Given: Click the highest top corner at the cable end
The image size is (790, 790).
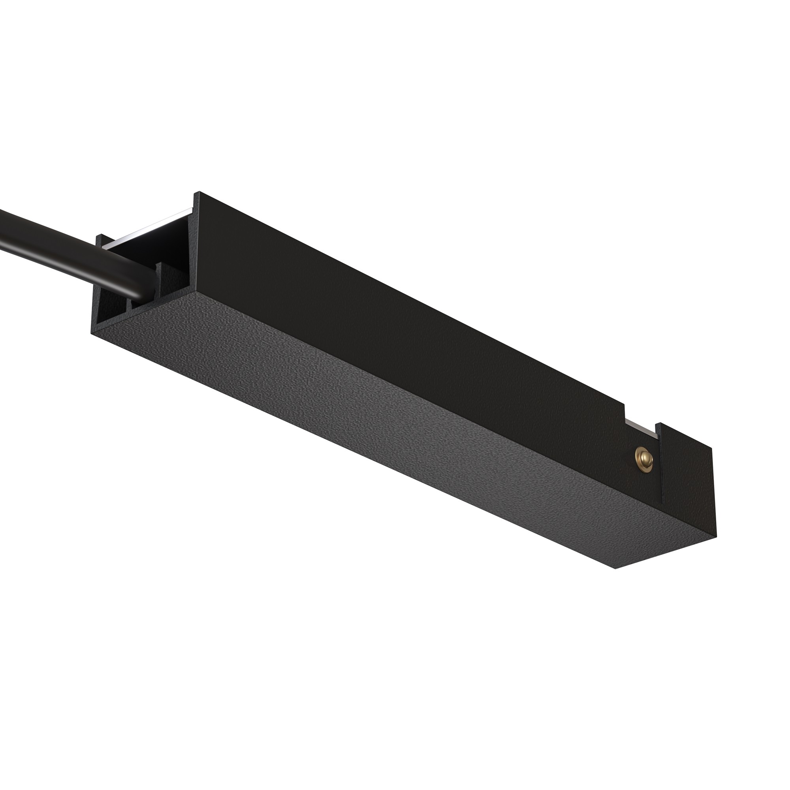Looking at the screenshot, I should [199, 192].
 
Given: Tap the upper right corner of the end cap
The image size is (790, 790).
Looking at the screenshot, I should [711, 449].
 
